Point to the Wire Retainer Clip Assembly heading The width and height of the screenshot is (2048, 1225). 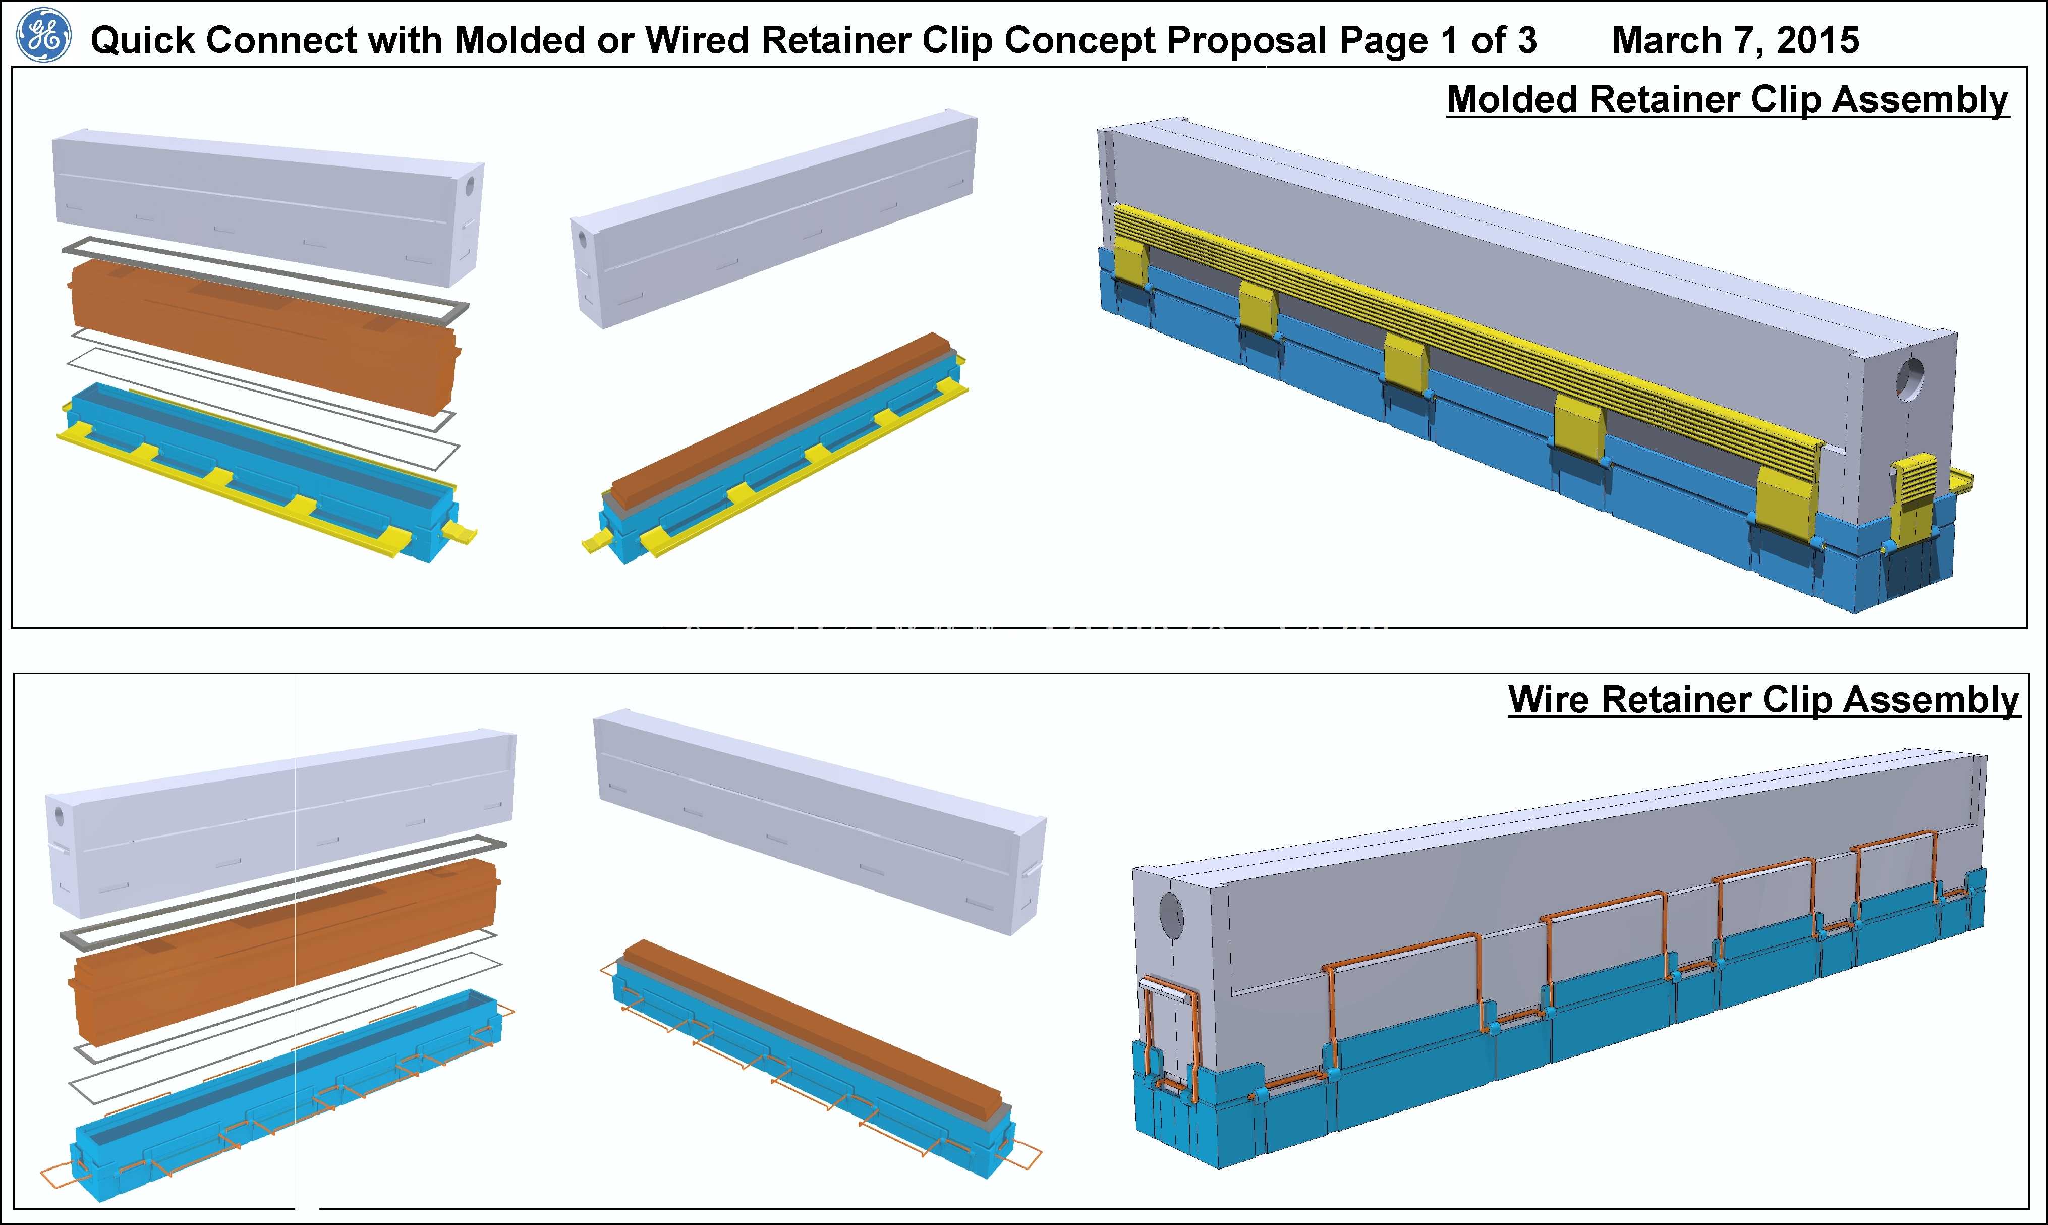1764,700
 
